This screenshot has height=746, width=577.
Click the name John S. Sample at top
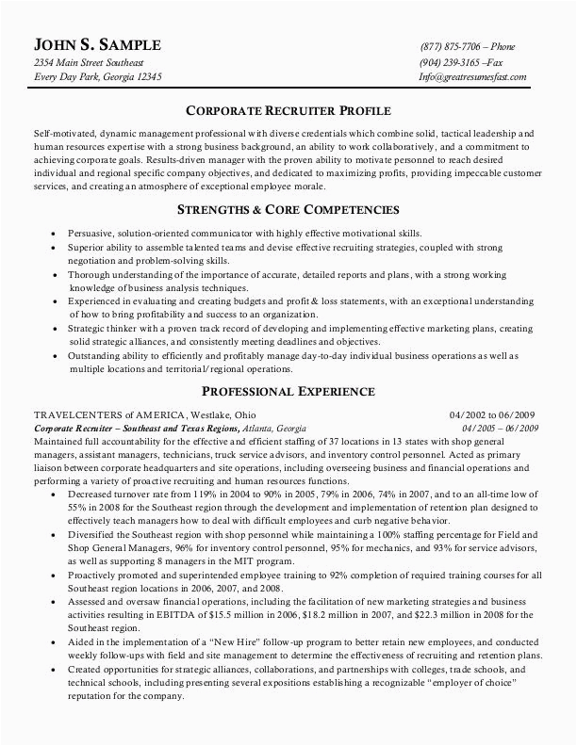pos(97,45)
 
